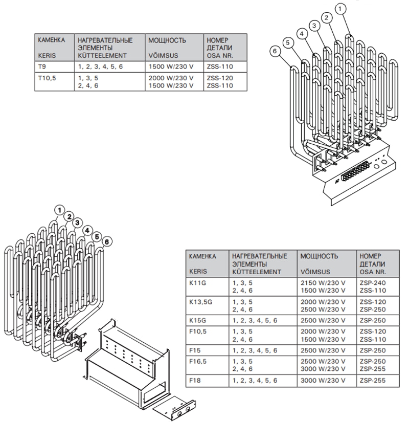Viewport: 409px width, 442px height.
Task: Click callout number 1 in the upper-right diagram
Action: (x=340, y=9)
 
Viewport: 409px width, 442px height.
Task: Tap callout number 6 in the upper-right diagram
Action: (x=275, y=51)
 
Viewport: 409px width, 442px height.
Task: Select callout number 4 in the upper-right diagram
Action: (x=302, y=34)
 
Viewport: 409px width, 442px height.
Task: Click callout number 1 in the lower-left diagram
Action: (x=59, y=210)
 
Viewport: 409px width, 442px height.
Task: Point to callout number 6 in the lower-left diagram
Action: (x=107, y=241)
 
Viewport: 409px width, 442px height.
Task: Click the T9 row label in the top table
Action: (x=42, y=67)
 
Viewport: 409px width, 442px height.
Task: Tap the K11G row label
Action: (x=197, y=283)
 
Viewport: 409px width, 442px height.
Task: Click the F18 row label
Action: (x=195, y=380)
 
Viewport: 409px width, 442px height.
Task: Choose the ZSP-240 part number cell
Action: (x=373, y=283)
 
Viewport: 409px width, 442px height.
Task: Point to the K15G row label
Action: (x=197, y=321)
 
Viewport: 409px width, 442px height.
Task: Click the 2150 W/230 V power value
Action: (x=323, y=283)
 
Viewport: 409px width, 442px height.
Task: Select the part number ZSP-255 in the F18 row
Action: (x=373, y=380)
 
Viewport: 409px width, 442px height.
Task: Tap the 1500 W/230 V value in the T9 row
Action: (x=171, y=67)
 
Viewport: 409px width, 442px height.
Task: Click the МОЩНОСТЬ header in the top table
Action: (x=167, y=40)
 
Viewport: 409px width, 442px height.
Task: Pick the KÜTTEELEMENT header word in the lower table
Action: (x=256, y=272)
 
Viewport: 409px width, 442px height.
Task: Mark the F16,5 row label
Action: (x=198, y=362)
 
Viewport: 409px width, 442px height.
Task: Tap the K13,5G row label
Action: (x=200, y=302)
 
